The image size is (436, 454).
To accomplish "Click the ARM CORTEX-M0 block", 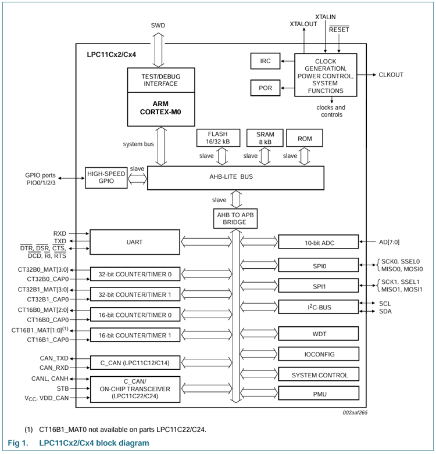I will click(x=160, y=109).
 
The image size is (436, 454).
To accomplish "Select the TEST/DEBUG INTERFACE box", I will click(x=160, y=80).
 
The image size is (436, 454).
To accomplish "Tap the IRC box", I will click(x=265, y=61).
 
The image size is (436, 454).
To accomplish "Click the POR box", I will click(x=265, y=88).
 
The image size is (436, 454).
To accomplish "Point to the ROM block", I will click(x=305, y=139).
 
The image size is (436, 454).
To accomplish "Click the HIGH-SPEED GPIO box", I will click(x=106, y=178).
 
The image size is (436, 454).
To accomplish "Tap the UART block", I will click(x=135, y=242).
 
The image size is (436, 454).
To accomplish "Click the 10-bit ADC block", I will click(x=315, y=242).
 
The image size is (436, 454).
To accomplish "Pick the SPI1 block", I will click(x=315, y=286).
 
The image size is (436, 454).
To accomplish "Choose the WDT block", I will click(x=315, y=334).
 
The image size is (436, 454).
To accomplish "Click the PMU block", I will click(x=315, y=394).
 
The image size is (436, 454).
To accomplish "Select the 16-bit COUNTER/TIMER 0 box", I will click(x=135, y=315).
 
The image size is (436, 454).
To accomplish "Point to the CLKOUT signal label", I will click(x=391, y=75).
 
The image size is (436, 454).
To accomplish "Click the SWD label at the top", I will click(x=158, y=26).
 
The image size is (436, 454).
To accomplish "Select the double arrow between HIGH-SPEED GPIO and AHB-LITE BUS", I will click(x=138, y=179).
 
